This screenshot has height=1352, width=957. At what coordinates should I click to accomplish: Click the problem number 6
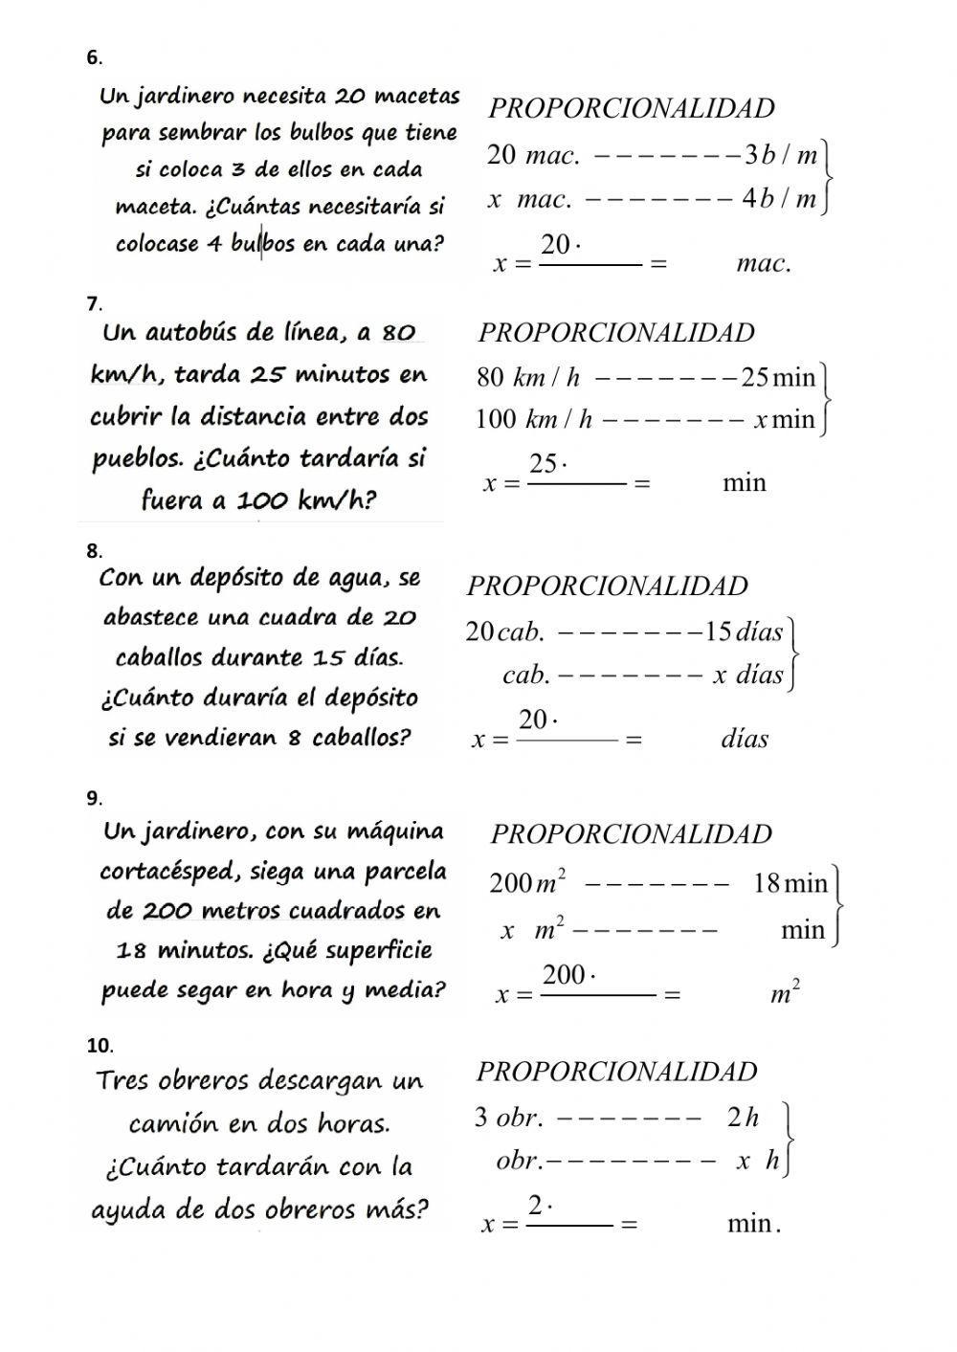[94, 58]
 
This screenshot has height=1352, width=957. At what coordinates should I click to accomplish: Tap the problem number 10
[100, 1046]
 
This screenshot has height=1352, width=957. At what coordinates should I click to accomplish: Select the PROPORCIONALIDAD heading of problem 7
[616, 333]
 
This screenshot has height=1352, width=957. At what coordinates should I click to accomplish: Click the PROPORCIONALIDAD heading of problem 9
[631, 834]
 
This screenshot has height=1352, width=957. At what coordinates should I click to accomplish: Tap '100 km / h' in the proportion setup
[534, 419]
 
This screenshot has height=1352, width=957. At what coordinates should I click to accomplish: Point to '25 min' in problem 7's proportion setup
[778, 378]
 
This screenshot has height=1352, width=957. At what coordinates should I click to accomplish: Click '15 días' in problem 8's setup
[744, 632]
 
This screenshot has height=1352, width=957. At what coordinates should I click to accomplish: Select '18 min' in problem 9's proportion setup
[790, 883]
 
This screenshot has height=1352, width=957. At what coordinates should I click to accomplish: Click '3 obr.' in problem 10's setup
[509, 1117]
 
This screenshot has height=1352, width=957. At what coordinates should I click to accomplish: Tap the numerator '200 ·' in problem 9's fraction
[569, 975]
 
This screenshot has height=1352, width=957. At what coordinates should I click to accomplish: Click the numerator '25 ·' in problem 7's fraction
[548, 464]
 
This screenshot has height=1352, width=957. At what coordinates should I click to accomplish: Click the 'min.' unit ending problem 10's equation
[754, 1223]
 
